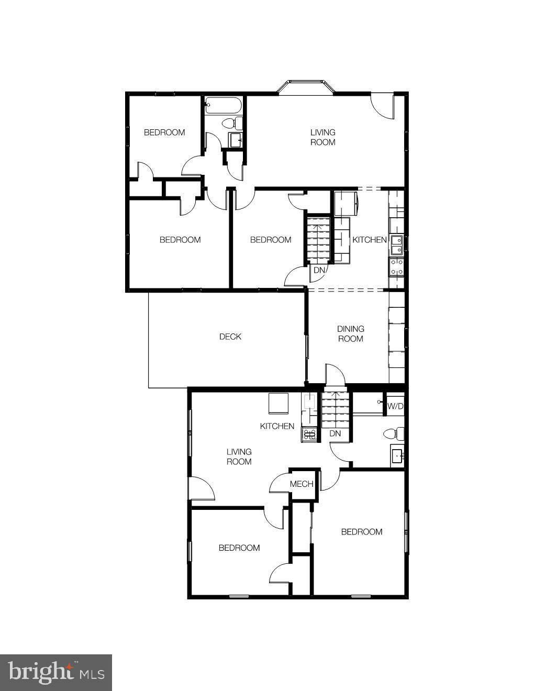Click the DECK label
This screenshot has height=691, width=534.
click(230, 337)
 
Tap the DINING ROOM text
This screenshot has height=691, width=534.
click(350, 334)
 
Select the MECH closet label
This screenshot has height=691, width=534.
click(302, 484)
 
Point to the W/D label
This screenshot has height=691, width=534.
click(395, 406)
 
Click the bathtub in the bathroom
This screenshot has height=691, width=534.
click(223, 105)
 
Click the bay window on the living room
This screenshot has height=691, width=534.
click(306, 87)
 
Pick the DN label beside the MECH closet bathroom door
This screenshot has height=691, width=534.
click(335, 433)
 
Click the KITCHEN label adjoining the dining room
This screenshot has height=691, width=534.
click(369, 240)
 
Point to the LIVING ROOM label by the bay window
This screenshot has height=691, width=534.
click(322, 137)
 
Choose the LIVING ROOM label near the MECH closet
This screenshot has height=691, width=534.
click(239, 456)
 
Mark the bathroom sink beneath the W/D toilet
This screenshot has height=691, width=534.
click(397, 456)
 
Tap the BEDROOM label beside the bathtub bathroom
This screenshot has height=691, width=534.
click(164, 132)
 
